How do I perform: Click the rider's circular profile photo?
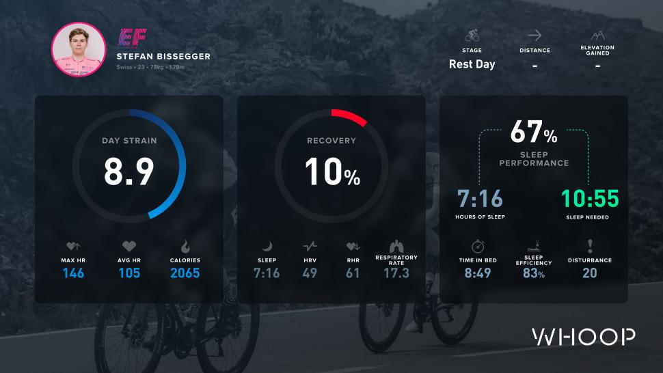(79, 50)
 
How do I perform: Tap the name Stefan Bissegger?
(163, 56)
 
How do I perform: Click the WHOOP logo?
(584, 337)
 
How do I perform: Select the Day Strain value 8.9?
(129, 171)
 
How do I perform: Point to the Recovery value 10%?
(332, 171)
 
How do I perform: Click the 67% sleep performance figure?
(534, 132)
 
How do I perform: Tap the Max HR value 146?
(73, 273)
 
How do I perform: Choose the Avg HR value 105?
(129, 273)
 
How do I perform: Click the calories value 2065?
(185, 273)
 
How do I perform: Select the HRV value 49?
(310, 273)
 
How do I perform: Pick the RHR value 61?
(353, 273)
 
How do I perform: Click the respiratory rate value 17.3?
(396, 273)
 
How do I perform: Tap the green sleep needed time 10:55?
(590, 199)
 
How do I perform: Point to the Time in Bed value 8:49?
(478, 273)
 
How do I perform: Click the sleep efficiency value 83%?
(534, 273)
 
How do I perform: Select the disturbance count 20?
(590, 273)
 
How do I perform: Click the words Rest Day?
(472, 65)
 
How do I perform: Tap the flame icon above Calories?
(185, 246)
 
